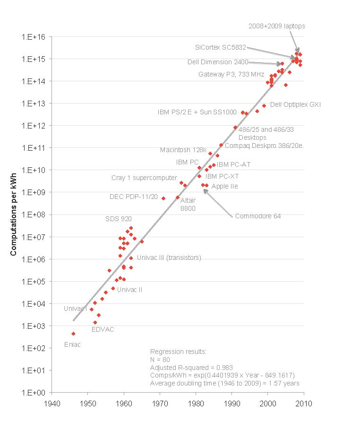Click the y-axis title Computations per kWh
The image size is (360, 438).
coord(14,214)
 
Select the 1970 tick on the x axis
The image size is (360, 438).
coord(160,404)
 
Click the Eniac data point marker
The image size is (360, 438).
coord(73,334)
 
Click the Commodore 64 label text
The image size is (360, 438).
coord(258,216)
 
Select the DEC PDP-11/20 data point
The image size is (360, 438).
coord(163,198)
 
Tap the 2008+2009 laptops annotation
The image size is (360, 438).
coord(277,26)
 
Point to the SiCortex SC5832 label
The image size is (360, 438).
coord(220,47)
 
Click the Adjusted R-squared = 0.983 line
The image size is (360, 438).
coord(191,367)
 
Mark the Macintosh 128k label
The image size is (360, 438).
coord(183,150)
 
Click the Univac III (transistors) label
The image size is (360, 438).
coord(169,258)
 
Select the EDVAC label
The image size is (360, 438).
coord(103,329)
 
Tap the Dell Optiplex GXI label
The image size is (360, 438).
coord(295,104)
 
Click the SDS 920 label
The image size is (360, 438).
coord(119,219)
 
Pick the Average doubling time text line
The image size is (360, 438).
coord(224,383)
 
